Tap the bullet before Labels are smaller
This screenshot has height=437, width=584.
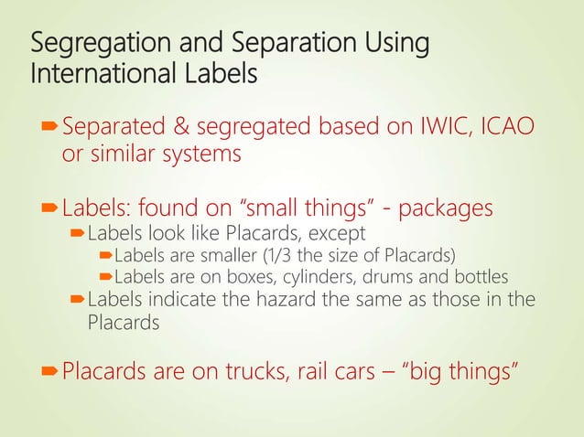pyautogui.click(x=104, y=254)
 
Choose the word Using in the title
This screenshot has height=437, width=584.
pyautogui.click(x=395, y=43)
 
